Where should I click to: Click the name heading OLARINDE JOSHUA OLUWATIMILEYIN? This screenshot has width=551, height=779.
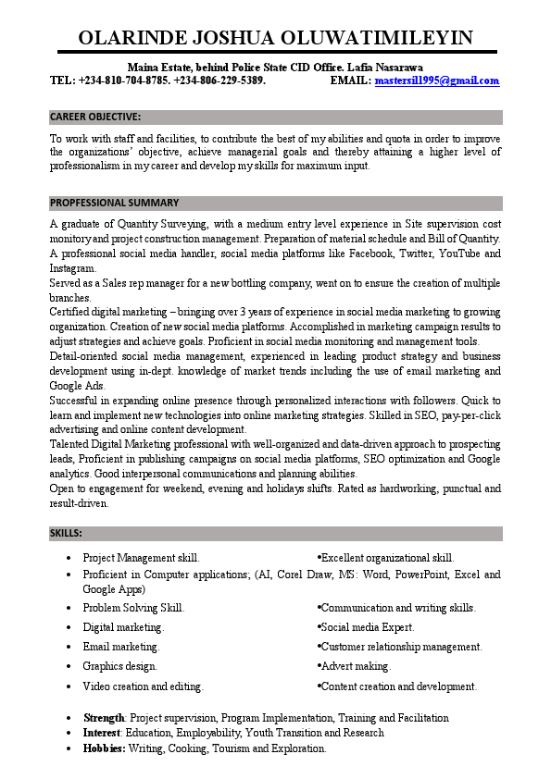(x=275, y=37)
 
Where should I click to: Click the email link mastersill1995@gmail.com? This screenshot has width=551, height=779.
(x=436, y=80)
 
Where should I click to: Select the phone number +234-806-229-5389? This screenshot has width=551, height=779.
(x=220, y=80)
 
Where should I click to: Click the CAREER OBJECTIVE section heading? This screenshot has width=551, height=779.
(x=95, y=117)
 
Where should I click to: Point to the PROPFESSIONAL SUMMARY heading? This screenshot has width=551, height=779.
(x=114, y=203)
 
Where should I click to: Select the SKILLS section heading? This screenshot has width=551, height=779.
(x=66, y=533)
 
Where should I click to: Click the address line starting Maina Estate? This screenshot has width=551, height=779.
(x=275, y=68)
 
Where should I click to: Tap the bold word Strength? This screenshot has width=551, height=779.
(x=104, y=718)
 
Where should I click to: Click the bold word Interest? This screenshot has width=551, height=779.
(x=102, y=733)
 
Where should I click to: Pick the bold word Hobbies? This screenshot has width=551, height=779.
(x=104, y=748)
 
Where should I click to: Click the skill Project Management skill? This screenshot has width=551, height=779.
(x=141, y=558)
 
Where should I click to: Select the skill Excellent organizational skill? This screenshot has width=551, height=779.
(x=387, y=558)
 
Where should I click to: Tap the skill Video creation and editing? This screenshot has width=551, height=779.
(x=143, y=686)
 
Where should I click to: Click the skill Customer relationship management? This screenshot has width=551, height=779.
(x=401, y=647)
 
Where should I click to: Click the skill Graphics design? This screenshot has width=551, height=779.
(x=119, y=666)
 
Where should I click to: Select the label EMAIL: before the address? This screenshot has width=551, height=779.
(x=350, y=80)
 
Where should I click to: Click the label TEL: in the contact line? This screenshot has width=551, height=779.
(x=62, y=80)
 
